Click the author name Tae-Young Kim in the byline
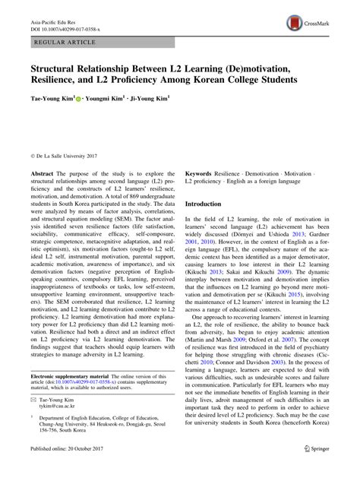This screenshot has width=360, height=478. click(x=49, y=98)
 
